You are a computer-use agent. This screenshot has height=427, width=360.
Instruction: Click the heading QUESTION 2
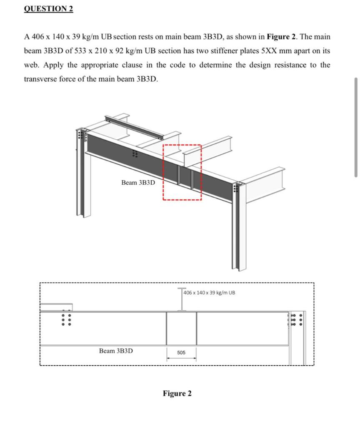(x=48, y=9)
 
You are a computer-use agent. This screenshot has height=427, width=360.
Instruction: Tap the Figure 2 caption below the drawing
(x=177, y=394)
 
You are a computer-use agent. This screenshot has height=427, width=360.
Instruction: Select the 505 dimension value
(x=181, y=353)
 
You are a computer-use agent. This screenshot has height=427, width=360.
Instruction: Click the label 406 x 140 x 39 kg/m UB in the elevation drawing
(x=210, y=293)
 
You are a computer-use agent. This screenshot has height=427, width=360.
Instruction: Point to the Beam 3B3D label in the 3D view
(x=138, y=183)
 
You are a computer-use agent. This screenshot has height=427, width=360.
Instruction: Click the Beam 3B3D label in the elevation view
(x=116, y=351)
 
